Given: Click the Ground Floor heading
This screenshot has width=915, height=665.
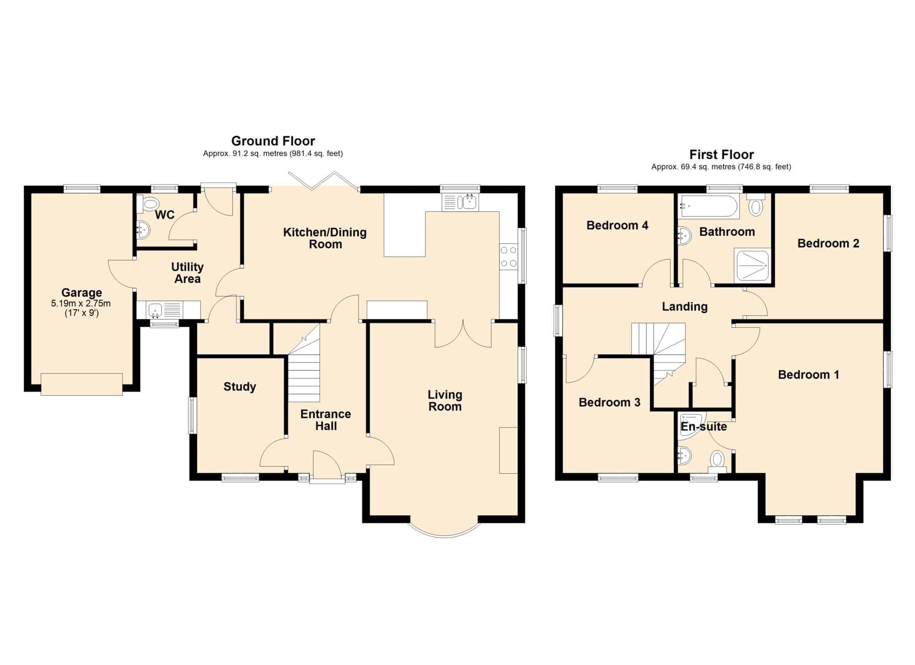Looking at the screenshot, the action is (273, 141).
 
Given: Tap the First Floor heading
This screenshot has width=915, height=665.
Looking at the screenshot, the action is (721, 155).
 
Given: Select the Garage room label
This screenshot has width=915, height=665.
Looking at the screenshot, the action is (81, 293).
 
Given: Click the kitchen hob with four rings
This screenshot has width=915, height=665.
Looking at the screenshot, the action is (508, 256).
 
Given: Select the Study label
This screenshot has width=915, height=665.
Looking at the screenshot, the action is (239, 387).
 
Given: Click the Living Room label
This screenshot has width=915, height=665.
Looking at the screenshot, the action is (445, 401).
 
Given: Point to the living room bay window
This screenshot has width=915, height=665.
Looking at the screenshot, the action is (445, 535).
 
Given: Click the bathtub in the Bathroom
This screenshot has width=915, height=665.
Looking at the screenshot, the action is (708, 206).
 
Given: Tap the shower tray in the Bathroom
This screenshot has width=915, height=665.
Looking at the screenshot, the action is (752, 266).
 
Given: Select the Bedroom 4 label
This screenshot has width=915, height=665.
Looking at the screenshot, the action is (617, 225).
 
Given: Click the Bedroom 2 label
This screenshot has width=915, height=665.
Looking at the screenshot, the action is (828, 243).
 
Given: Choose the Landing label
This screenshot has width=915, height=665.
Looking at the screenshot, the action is (684, 307).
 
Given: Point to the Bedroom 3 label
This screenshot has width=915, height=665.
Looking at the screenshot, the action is (609, 402).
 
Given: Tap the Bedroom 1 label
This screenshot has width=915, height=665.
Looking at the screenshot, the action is (808, 375).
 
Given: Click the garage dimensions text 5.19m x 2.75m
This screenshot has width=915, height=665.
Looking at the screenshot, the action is (81, 304).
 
